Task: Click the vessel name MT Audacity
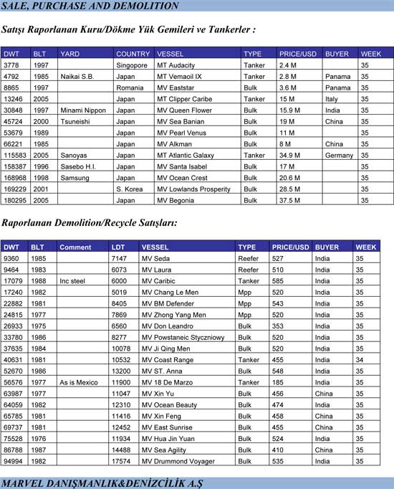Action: click(x=176, y=65)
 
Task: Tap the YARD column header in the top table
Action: click(x=70, y=54)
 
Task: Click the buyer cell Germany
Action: click(x=339, y=156)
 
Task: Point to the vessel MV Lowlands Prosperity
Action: click(x=193, y=189)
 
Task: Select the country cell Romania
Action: click(x=129, y=87)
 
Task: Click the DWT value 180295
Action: click(x=16, y=201)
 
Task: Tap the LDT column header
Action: click(x=119, y=247)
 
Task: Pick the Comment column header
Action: click(x=75, y=247)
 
